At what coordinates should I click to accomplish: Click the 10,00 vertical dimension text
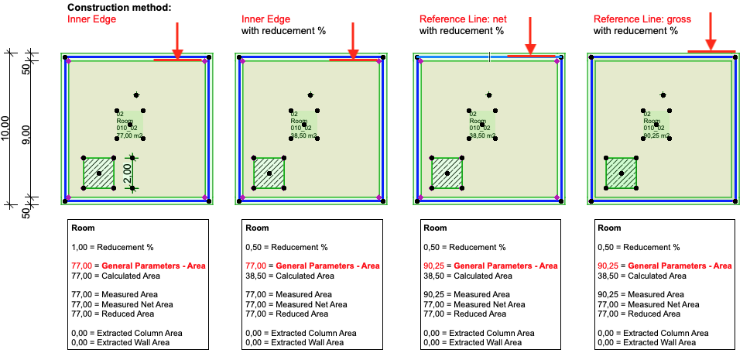[6, 128]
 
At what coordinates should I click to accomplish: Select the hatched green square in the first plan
[98, 173]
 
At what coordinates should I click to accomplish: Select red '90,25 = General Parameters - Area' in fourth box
[664, 266]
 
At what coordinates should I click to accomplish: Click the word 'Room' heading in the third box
[435, 228]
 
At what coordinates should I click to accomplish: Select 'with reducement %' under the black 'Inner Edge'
[283, 31]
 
